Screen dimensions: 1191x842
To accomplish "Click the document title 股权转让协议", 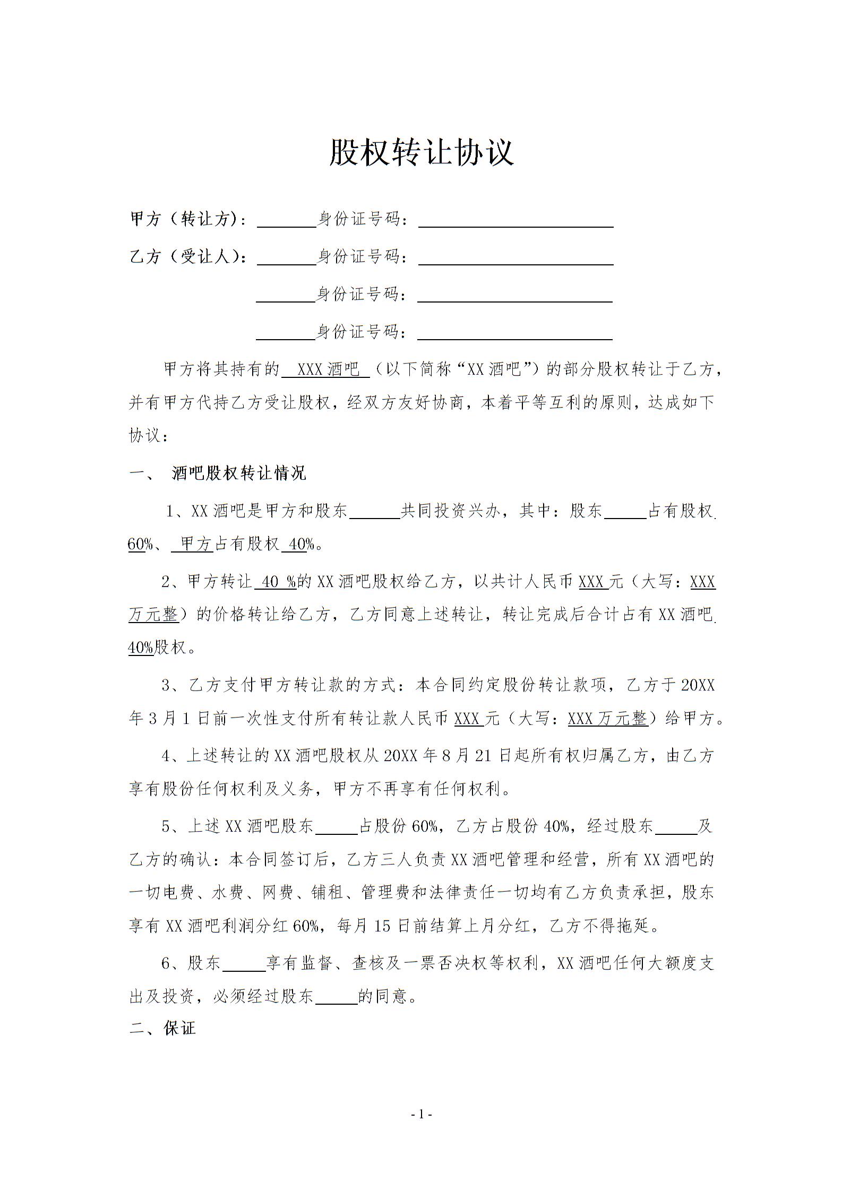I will (x=421, y=152).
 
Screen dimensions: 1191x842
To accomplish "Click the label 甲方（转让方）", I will (x=188, y=219).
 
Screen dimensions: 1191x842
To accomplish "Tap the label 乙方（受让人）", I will (x=188, y=257).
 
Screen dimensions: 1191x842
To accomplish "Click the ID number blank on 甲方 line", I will (x=515, y=220).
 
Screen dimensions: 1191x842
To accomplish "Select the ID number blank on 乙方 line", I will (x=515, y=258).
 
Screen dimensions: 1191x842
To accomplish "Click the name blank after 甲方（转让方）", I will (x=287, y=220).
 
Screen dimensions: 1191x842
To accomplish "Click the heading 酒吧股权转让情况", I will (x=239, y=473).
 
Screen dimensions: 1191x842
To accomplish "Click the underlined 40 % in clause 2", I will (x=277, y=582).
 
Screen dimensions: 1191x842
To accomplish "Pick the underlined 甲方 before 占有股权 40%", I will (x=195, y=544).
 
